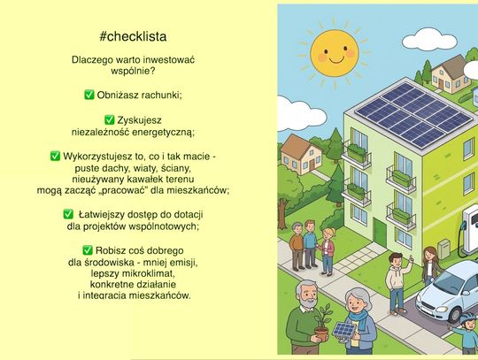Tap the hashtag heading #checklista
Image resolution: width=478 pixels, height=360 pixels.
pos(133,37)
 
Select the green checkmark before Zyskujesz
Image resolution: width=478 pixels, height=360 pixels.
pos(109,119)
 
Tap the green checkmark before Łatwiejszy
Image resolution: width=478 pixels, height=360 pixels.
pos(68,213)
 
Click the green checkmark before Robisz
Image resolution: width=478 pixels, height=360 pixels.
pos(88,250)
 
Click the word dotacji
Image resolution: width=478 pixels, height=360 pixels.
pos(181,213)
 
